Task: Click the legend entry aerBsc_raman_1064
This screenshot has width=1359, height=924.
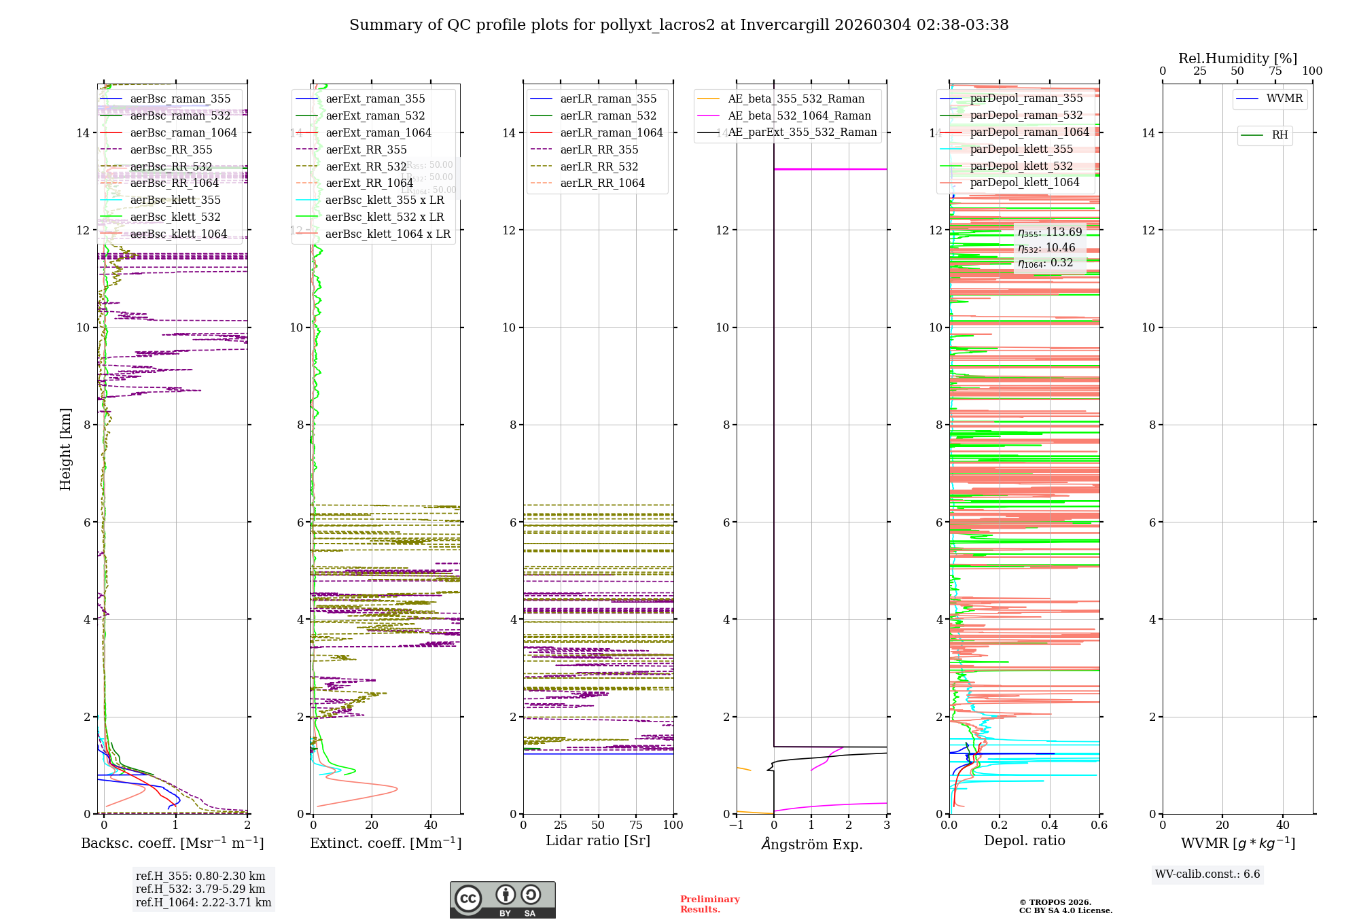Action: [183, 133]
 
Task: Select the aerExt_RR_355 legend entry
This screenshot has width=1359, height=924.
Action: [366, 150]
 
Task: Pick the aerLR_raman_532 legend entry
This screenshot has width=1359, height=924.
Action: [607, 116]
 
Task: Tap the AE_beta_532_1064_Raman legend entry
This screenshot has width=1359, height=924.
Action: [798, 116]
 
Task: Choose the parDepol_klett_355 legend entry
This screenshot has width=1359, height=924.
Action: [1021, 149]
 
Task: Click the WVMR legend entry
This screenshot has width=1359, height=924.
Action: [1284, 99]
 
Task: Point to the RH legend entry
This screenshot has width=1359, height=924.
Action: [1279, 135]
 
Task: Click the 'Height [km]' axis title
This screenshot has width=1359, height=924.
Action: [65, 448]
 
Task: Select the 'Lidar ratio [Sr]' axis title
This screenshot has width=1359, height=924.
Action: [597, 841]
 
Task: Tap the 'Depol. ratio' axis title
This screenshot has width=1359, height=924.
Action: [1024, 841]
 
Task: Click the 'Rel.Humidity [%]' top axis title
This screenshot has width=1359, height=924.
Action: [1237, 58]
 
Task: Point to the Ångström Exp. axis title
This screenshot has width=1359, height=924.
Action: [811, 845]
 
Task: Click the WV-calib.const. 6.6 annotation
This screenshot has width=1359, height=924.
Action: [1207, 874]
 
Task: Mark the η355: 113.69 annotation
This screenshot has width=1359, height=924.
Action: [1049, 232]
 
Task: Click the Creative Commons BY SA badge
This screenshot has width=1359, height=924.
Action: [502, 900]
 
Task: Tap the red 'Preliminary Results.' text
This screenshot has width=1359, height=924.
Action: [709, 904]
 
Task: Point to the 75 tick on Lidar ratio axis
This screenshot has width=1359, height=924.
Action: [636, 825]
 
